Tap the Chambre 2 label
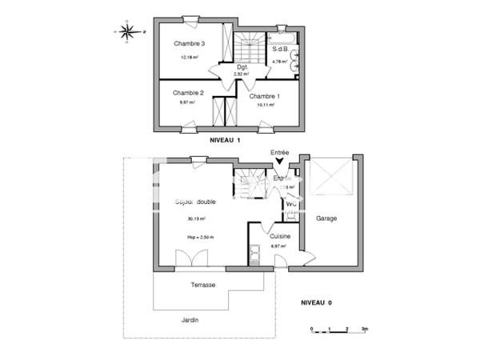[x=188, y=93]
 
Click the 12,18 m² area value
[x=190, y=58]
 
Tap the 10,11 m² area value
[x=266, y=105]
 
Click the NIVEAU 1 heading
[x=225, y=141]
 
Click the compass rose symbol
[x=127, y=32]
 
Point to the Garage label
[x=326, y=218]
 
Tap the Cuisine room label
[x=280, y=236]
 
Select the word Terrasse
[x=202, y=285]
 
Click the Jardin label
[x=190, y=320]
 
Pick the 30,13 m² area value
[x=196, y=218]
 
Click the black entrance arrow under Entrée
[x=279, y=164]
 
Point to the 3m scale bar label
[x=364, y=329]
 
